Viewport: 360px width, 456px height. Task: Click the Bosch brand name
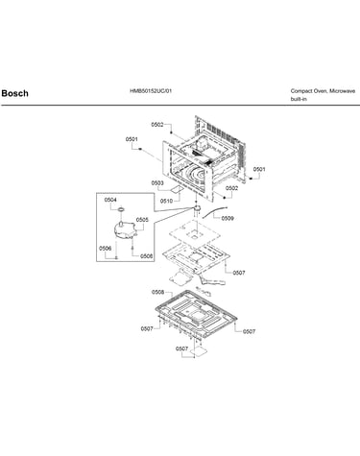15,93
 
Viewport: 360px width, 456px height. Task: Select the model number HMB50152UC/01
151,91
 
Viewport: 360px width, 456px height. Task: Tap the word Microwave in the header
343,91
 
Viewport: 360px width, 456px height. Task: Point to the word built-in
299,99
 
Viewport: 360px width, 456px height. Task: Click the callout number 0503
157,183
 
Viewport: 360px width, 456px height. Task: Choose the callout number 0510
166,201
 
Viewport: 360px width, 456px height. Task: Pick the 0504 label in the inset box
110,200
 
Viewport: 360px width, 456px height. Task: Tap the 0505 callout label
142,220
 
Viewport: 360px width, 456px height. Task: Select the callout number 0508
157,292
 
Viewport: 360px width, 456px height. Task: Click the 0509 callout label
228,218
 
